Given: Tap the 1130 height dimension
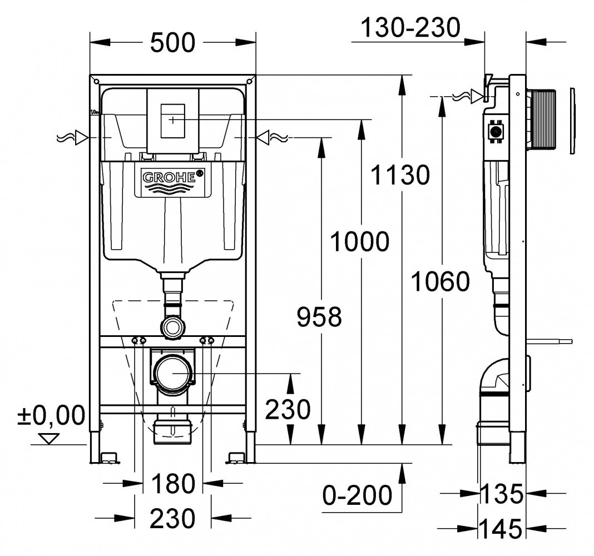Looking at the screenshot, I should [x=401, y=175].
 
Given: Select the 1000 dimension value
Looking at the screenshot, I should [x=359, y=242].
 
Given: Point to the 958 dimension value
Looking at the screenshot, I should [x=318, y=318].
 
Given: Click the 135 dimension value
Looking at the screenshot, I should [x=502, y=493].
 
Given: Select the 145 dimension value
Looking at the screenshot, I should [x=502, y=526].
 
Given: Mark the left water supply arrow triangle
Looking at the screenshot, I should [x=82, y=137].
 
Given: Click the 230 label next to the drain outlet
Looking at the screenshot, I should [x=287, y=410].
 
